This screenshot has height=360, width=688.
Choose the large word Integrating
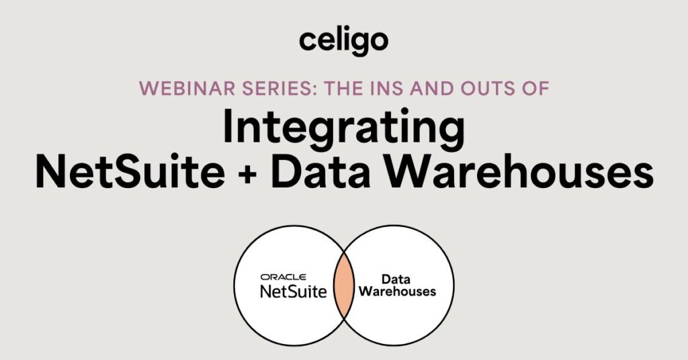pos(343,131)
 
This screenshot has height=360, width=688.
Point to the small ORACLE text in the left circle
pos(283,276)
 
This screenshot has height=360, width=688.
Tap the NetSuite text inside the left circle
pos(294,291)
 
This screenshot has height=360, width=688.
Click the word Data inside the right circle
pos(396,279)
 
